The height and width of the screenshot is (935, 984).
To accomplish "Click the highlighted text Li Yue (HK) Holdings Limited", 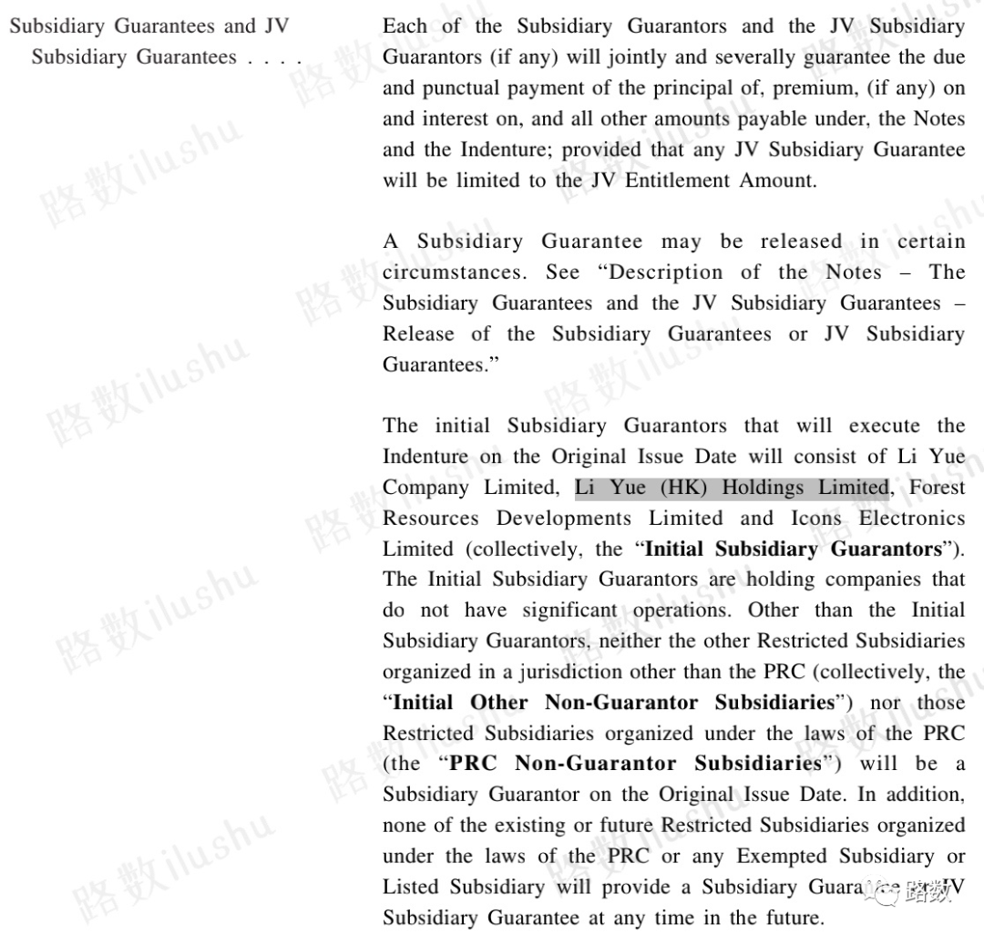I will point(731,488).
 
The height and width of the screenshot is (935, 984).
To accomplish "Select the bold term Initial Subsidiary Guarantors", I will point(793,550).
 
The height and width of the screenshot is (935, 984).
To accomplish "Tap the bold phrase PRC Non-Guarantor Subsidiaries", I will point(636,764).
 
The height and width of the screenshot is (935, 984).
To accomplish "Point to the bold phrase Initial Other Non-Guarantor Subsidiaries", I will point(614,703).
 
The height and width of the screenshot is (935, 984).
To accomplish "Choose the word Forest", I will point(937,488).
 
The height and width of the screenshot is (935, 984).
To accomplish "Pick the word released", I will point(801,241).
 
